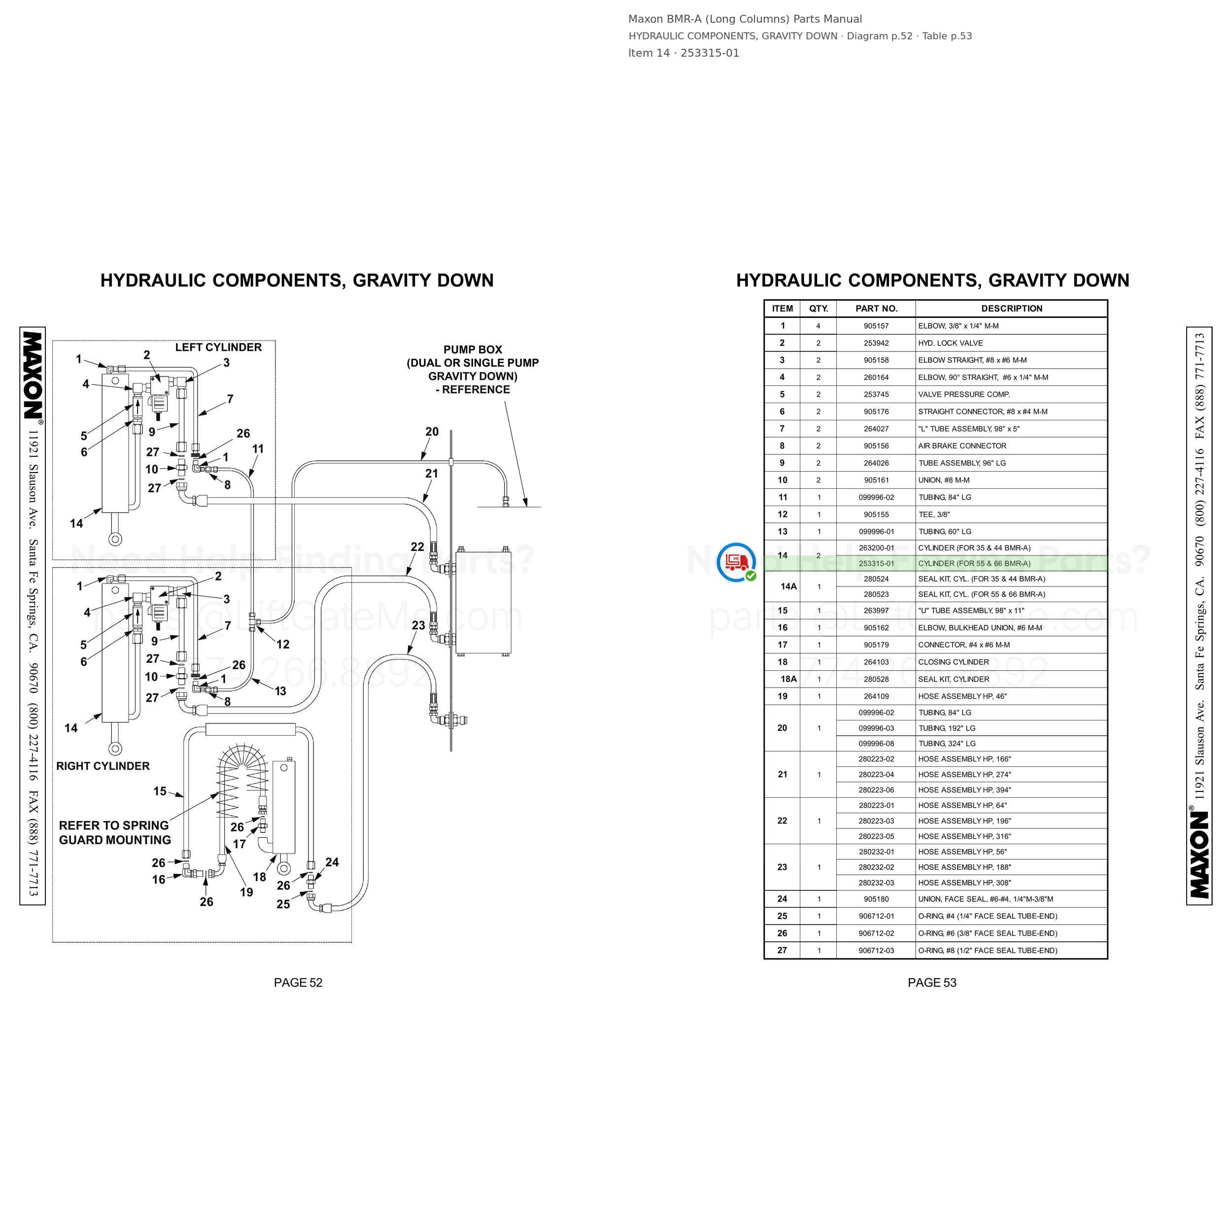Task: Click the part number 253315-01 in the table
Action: [876, 564]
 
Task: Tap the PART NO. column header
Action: [876, 308]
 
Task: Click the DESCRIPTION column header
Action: [1011, 308]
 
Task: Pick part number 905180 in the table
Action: [876, 899]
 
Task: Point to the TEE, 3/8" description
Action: [933, 514]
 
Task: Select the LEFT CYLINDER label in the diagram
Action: [218, 347]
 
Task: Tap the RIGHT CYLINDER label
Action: [103, 766]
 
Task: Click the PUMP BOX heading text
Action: [473, 349]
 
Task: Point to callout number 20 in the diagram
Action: [432, 432]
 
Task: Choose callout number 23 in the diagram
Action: [418, 625]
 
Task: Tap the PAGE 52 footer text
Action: [298, 983]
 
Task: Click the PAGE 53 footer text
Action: [932, 983]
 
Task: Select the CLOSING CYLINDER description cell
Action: [954, 662]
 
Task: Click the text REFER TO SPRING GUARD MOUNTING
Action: [115, 833]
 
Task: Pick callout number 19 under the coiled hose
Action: [247, 892]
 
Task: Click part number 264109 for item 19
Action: [876, 696]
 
